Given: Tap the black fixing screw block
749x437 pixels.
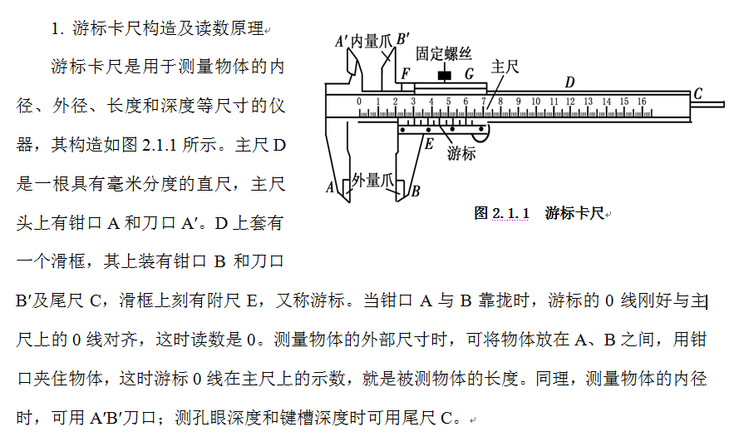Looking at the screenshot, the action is pyautogui.click(x=445, y=77).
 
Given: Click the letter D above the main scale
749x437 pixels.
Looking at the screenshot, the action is pyautogui.click(x=569, y=82).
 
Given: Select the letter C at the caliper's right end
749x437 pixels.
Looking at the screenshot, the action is pyautogui.click(x=697, y=93).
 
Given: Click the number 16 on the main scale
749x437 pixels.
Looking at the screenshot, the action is pyautogui.click(x=642, y=102).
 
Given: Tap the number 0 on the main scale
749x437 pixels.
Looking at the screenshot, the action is pyautogui.click(x=359, y=102).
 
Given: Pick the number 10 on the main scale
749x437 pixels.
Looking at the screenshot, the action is pyautogui.click(x=536, y=102).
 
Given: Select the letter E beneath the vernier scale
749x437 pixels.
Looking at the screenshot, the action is pyautogui.click(x=429, y=143).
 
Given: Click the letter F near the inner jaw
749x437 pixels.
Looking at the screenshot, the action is pyautogui.click(x=405, y=74).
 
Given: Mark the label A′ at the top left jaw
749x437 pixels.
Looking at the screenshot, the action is pyautogui.click(x=341, y=41).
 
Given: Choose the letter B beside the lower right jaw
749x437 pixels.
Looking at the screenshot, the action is pyautogui.click(x=415, y=191).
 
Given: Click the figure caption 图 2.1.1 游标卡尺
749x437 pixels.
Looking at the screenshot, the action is pyautogui.click(x=539, y=213).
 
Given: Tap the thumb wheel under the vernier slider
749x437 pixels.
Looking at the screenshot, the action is pyautogui.click(x=481, y=131).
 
